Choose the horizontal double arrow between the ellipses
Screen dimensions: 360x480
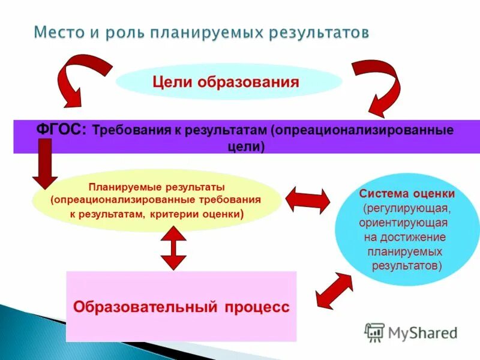pyautogui.click(x=307, y=200)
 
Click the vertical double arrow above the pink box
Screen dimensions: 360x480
pyautogui.click(x=173, y=247)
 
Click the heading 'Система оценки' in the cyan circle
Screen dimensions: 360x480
pyautogui.click(x=407, y=194)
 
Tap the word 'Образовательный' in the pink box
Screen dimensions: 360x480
pyautogui.click(x=145, y=307)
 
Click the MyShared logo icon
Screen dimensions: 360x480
pyautogui.click(x=375, y=331)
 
